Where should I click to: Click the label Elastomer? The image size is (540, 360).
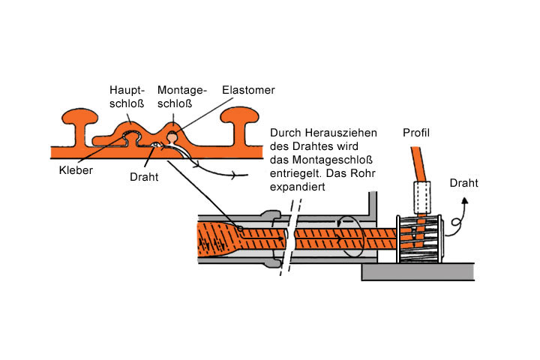pos(248,90)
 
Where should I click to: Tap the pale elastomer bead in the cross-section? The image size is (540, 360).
pos(174,136)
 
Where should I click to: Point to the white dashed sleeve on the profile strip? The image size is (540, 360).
pos(421,197)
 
